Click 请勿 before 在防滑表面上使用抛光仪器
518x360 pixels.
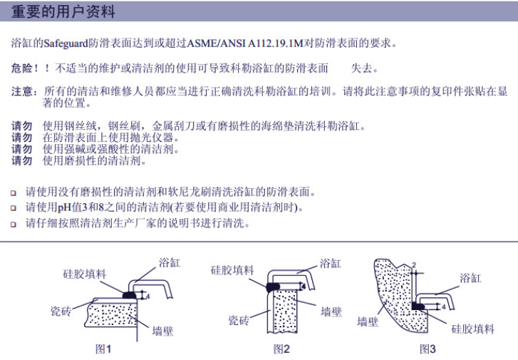coord(22,138)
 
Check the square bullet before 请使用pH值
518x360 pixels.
coord(14,208)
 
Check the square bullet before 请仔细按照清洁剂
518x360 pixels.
coord(14,225)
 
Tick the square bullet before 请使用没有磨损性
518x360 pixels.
coord(14,192)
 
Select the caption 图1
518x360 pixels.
coord(103,349)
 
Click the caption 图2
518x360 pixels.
coord(281,349)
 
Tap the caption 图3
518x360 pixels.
coord(428,349)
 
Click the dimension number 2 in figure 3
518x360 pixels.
coord(413,264)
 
